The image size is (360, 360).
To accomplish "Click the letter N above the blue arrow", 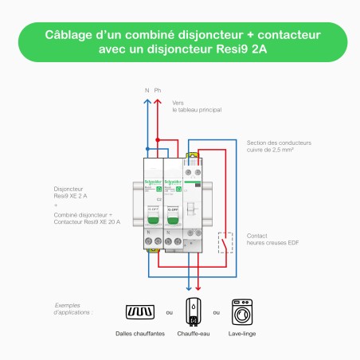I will [147, 90].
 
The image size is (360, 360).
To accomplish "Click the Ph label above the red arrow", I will [158, 90].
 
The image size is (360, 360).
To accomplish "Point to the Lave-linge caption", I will [243, 335].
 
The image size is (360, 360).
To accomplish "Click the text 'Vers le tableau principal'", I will [196, 106].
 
